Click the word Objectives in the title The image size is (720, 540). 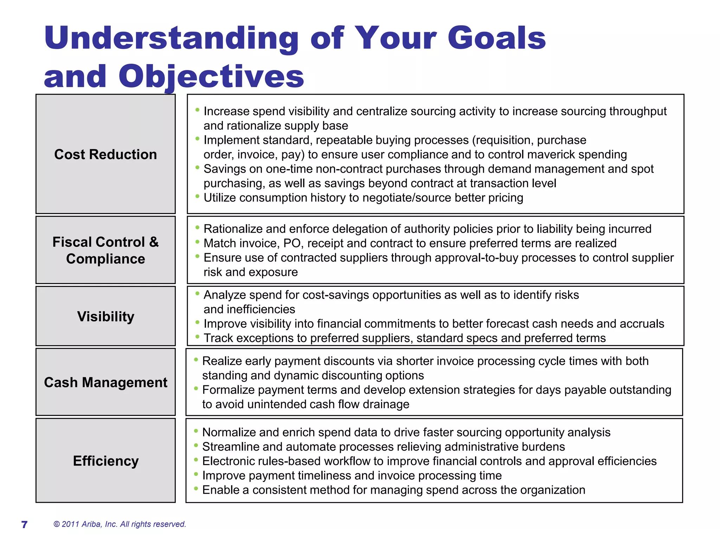pos(211,76)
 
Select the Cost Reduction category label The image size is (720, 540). pos(105,154)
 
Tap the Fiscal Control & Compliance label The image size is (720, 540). pos(105,250)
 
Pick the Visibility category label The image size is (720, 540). pos(105,316)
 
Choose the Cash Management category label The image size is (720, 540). pos(105,382)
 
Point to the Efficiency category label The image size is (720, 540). pos(105,461)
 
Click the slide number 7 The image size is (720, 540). pos(24,525)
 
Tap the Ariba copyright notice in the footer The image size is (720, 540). pos(120,524)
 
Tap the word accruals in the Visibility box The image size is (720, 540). pos(642,324)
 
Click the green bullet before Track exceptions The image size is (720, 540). pos(197,336)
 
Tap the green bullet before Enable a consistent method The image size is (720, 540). pos(196,488)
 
